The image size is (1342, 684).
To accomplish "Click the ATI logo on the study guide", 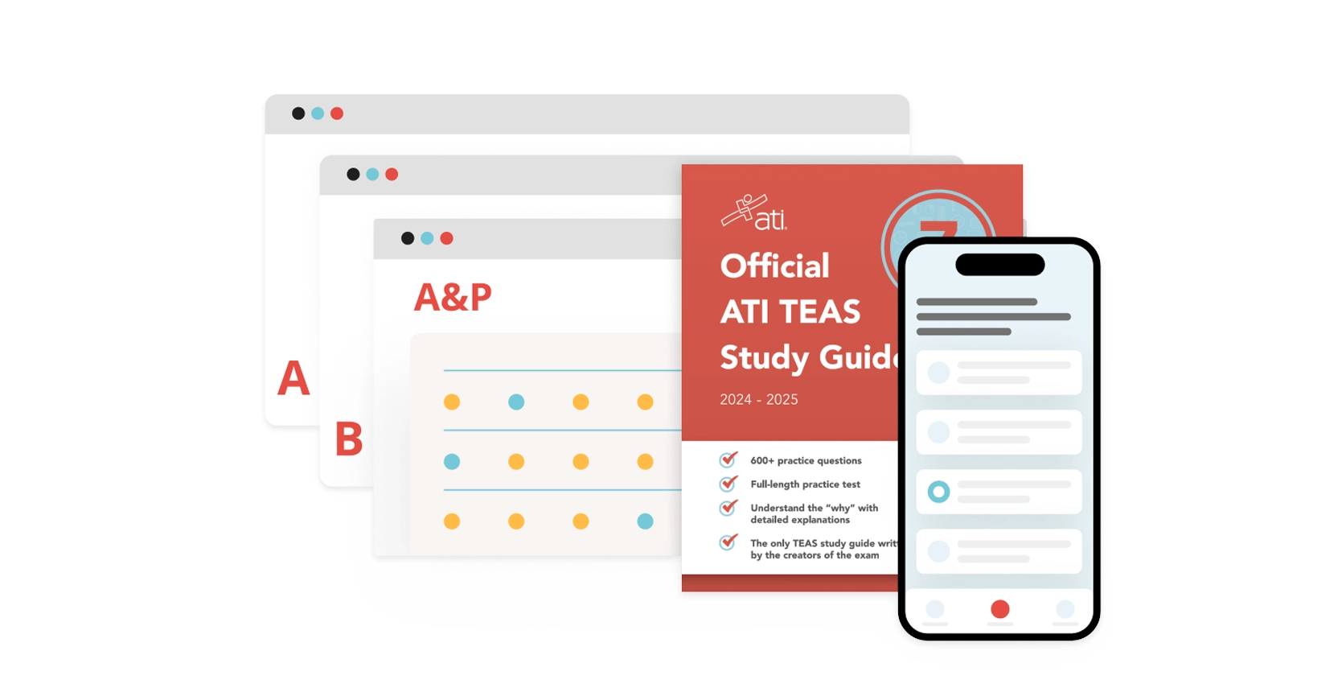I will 754,213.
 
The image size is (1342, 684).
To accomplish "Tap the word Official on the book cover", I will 774,266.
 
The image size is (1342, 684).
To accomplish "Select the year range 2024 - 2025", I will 758,400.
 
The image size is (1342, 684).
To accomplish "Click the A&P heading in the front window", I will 453,297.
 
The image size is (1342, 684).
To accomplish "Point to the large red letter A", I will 293,378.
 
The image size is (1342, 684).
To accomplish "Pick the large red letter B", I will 349,439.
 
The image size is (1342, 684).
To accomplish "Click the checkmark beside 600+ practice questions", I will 728,459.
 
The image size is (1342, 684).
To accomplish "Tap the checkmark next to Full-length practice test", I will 728,484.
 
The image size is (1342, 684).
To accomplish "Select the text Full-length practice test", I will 805,484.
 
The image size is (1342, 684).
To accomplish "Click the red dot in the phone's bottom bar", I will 999,609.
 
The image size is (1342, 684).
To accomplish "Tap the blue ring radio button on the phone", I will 938,492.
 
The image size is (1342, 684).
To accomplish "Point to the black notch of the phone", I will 999,265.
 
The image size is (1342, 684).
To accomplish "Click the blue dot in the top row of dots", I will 516,402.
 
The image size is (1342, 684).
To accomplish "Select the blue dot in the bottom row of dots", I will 645,521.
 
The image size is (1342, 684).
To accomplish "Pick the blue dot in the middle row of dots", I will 452,462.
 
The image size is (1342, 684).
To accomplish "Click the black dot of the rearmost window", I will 298,113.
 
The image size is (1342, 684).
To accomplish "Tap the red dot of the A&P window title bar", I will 447,238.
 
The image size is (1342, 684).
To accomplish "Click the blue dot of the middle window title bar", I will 372,175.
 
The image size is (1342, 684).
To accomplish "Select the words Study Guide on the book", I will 808,357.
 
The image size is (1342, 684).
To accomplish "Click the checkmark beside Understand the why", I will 728,508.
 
